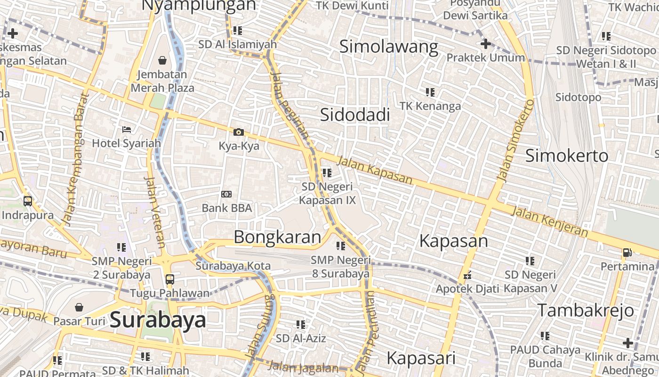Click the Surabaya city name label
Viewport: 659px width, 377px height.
[158, 320]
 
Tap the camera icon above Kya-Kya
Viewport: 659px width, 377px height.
[239, 132]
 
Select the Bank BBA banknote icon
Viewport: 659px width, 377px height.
[226, 194]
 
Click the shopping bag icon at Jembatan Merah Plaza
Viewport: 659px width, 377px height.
[162, 60]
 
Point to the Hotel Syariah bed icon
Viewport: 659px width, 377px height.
[126, 129]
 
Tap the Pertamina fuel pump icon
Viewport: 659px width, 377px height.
[627, 253]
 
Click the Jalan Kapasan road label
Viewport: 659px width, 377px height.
[375, 171]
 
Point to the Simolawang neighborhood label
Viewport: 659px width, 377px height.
[389, 47]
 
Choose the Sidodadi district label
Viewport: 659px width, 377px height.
[355, 115]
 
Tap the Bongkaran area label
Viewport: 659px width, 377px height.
[277, 237]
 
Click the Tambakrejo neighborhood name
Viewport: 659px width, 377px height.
[586, 311]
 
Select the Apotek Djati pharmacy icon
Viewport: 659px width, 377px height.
[467, 275]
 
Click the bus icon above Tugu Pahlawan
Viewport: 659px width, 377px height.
[170, 279]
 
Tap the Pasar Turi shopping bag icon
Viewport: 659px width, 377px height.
[79, 307]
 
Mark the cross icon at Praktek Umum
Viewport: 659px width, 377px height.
[485, 44]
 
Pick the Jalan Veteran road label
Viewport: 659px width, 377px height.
[154, 212]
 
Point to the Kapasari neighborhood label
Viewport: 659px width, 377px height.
[421, 358]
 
